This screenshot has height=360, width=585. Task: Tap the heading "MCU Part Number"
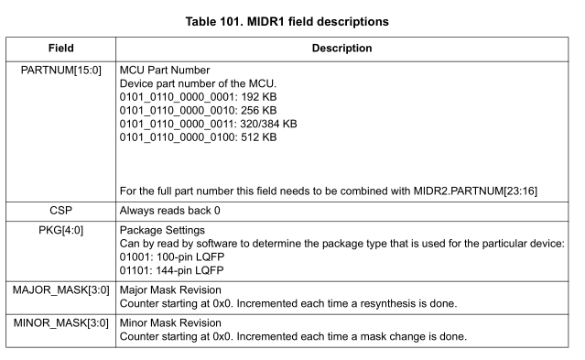(x=166, y=71)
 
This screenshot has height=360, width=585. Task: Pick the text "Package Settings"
(x=164, y=229)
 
